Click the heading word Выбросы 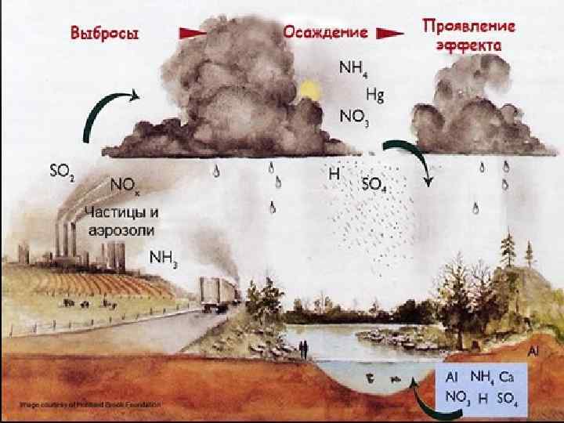(105, 33)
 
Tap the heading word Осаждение (325, 33)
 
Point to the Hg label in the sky (375, 96)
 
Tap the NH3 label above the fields (164, 258)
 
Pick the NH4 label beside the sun (350, 68)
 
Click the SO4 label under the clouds (373, 186)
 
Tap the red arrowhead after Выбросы (191, 33)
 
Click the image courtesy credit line (89, 404)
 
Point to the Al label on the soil (536, 352)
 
